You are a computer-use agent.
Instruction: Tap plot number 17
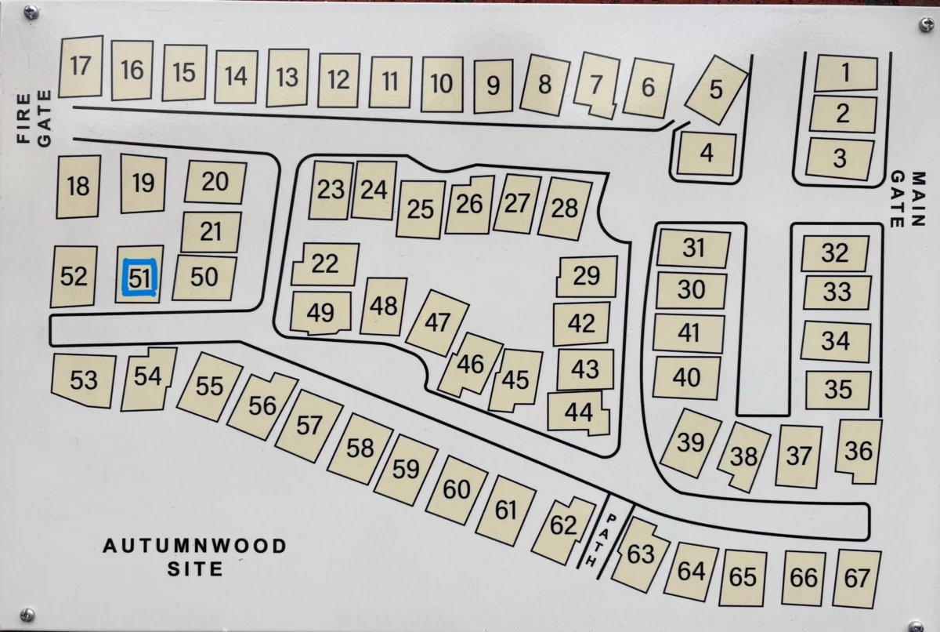[81, 66]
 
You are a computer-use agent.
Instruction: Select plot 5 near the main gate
[715, 90]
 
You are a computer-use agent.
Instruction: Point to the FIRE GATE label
[34, 119]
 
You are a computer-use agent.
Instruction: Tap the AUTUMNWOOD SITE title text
[195, 557]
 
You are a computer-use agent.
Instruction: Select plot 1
[845, 74]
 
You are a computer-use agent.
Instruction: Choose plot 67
[857, 579]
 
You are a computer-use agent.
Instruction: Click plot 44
[578, 412]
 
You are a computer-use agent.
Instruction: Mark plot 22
[324, 263]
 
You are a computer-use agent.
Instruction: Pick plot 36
[859, 451]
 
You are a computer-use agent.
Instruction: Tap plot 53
[83, 380]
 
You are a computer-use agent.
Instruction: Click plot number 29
[586, 276]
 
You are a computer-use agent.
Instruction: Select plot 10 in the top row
[442, 82]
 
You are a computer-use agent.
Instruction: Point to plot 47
[439, 322]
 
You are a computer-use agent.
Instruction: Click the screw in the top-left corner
[31, 13]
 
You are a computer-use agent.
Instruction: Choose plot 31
[693, 249]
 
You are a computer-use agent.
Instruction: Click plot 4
[707, 153]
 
